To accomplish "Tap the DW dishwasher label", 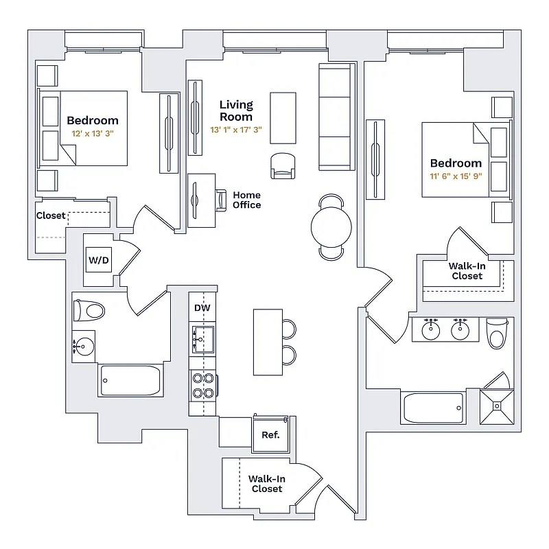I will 202,308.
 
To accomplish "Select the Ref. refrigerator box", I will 270,434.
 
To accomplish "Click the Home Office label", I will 246,200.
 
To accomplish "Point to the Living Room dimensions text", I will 236,129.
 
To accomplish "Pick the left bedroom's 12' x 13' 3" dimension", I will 92,134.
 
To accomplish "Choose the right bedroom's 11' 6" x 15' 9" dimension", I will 456,176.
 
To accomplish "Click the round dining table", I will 331,227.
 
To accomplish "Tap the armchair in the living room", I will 284,165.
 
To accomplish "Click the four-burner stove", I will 204,385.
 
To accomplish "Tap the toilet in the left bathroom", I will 89,310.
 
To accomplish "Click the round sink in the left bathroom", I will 84,346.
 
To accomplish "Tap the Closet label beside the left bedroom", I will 51,215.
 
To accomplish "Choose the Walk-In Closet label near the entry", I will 267,484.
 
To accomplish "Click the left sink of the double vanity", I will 430,331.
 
